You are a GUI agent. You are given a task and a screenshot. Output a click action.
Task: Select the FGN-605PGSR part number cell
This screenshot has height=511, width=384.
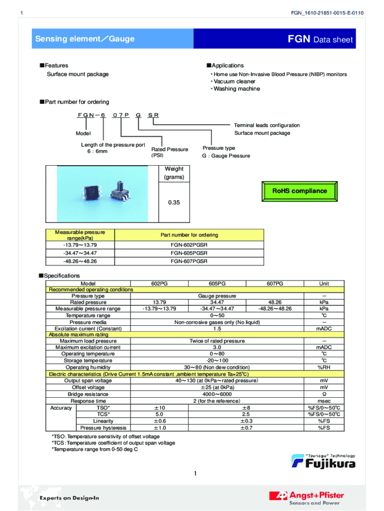(189, 253)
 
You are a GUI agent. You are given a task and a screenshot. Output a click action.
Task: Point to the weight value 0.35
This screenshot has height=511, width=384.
(173, 203)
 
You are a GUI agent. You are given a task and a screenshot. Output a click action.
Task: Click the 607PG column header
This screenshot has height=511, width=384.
(275, 283)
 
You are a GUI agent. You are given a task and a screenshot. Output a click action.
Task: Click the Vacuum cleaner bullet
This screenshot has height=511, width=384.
(234, 81)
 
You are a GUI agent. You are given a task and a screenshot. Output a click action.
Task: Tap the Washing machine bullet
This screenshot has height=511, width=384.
(236, 89)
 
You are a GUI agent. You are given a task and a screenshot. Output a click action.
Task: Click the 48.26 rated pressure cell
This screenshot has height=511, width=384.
(275, 302)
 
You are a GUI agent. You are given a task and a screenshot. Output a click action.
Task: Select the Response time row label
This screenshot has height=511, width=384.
(88, 401)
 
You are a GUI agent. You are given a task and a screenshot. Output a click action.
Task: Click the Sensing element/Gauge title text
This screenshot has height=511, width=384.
(85, 39)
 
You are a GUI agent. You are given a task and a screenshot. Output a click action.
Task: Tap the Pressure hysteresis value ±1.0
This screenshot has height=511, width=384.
(160, 428)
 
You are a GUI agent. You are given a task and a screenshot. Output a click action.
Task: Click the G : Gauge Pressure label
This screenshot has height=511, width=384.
(226, 156)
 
